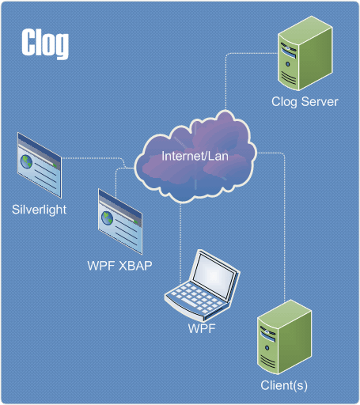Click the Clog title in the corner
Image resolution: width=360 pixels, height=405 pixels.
click(45, 44)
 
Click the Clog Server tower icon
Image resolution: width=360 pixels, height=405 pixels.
click(305, 53)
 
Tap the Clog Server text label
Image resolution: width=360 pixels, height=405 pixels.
click(305, 102)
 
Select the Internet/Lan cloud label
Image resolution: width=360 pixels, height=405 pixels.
click(195, 156)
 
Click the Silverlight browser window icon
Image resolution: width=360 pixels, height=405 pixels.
click(40, 165)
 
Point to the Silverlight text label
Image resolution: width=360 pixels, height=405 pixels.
click(39, 210)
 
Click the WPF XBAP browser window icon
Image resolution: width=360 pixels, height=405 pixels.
click(120, 221)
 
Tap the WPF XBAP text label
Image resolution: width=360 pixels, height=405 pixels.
click(119, 266)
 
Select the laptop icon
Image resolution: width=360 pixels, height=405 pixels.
click(203, 285)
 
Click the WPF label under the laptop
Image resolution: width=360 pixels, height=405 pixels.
click(202, 328)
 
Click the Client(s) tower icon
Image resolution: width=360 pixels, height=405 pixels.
click(284, 337)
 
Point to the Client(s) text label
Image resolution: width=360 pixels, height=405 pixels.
click(284, 386)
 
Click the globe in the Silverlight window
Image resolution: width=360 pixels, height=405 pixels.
click(26, 161)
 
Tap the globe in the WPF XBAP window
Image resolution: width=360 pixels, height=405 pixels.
click(107, 218)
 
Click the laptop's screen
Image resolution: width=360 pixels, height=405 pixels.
click(214, 275)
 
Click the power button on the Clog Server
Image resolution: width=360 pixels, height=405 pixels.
click(288, 64)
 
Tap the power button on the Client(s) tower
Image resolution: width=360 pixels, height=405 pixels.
click(267, 348)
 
